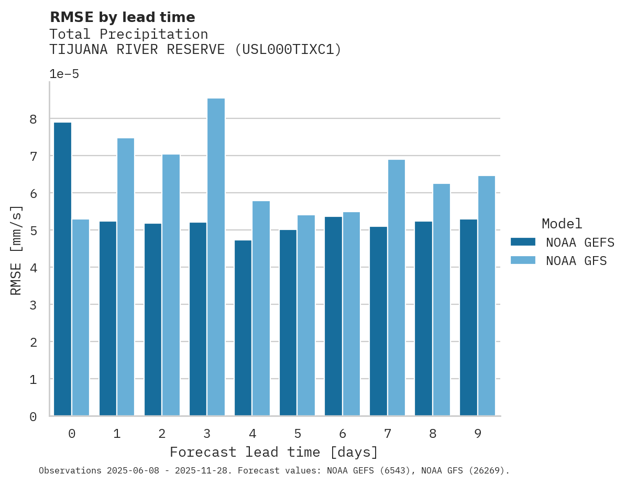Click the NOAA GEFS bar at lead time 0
(x=62, y=269)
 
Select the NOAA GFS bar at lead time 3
(x=216, y=257)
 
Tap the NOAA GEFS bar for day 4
(x=243, y=328)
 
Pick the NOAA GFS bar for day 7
(x=396, y=288)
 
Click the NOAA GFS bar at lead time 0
(x=81, y=317)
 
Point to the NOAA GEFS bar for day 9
(x=468, y=317)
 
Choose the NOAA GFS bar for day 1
(x=126, y=277)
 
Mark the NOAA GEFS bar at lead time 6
(x=333, y=316)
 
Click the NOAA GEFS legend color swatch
(x=523, y=242)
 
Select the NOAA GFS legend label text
(x=576, y=261)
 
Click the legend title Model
(x=562, y=224)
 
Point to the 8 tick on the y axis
(x=33, y=119)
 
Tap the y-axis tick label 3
(x=33, y=305)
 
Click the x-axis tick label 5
(x=298, y=434)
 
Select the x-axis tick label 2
(x=162, y=434)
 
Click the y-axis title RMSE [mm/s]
(x=17, y=250)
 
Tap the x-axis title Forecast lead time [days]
(x=273, y=452)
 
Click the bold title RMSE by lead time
(x=122, y=17)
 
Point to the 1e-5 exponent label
(x=64, y=74)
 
